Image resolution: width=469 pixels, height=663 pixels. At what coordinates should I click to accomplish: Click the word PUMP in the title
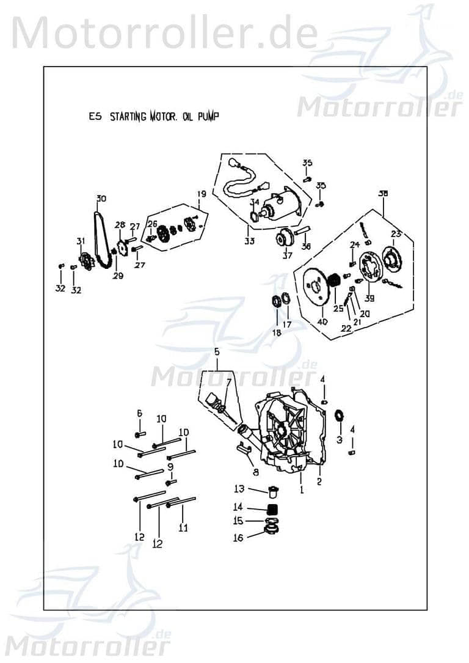(205, 117)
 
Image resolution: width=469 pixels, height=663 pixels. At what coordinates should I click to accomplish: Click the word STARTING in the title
(128, 117)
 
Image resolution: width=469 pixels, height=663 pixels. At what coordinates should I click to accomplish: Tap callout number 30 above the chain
(101, 198)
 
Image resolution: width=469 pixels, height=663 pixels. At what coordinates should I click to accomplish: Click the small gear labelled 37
(284, 238)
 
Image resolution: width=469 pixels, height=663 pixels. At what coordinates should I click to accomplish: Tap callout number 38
(383, 194)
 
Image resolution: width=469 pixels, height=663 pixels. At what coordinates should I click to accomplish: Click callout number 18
(277, 332)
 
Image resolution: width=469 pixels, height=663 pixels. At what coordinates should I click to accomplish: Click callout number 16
(238, 538)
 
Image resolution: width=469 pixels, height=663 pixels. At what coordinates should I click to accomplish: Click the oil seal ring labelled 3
(340, 416)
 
